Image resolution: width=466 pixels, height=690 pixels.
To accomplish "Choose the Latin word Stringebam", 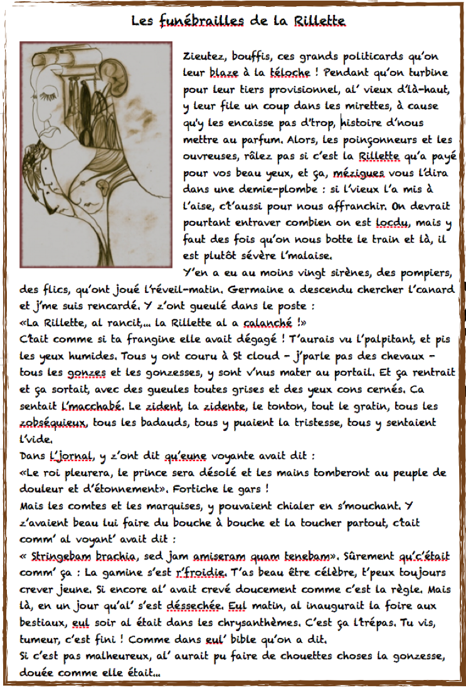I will pos(57,556).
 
